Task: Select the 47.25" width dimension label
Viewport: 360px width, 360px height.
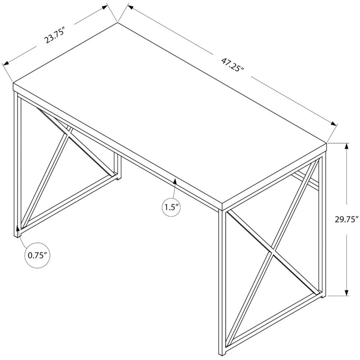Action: [232, 65]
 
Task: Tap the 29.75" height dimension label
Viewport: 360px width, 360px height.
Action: [346, 220]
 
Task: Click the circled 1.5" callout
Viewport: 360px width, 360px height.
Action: [171, 207]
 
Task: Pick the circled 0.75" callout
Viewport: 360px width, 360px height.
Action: [37, 255]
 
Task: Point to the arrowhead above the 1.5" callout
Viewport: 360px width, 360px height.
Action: [175, 181]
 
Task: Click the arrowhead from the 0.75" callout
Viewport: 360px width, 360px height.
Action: [18, 229]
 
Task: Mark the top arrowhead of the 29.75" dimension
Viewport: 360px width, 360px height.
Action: [346, 146]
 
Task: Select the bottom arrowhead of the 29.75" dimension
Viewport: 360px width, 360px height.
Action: [346, 292]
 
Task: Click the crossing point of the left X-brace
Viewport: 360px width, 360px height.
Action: [68, 133]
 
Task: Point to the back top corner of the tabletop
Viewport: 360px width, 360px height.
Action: [117, 22]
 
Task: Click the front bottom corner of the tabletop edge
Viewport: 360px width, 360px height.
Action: [222, 210]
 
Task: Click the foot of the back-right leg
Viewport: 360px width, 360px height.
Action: [323, 296]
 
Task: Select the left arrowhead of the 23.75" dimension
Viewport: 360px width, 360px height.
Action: [5, 63]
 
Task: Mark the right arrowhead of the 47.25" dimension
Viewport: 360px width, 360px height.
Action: [333, 123]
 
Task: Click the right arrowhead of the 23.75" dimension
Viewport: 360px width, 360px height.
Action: [105, 7]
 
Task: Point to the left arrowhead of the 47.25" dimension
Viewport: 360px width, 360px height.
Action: [130, 7]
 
